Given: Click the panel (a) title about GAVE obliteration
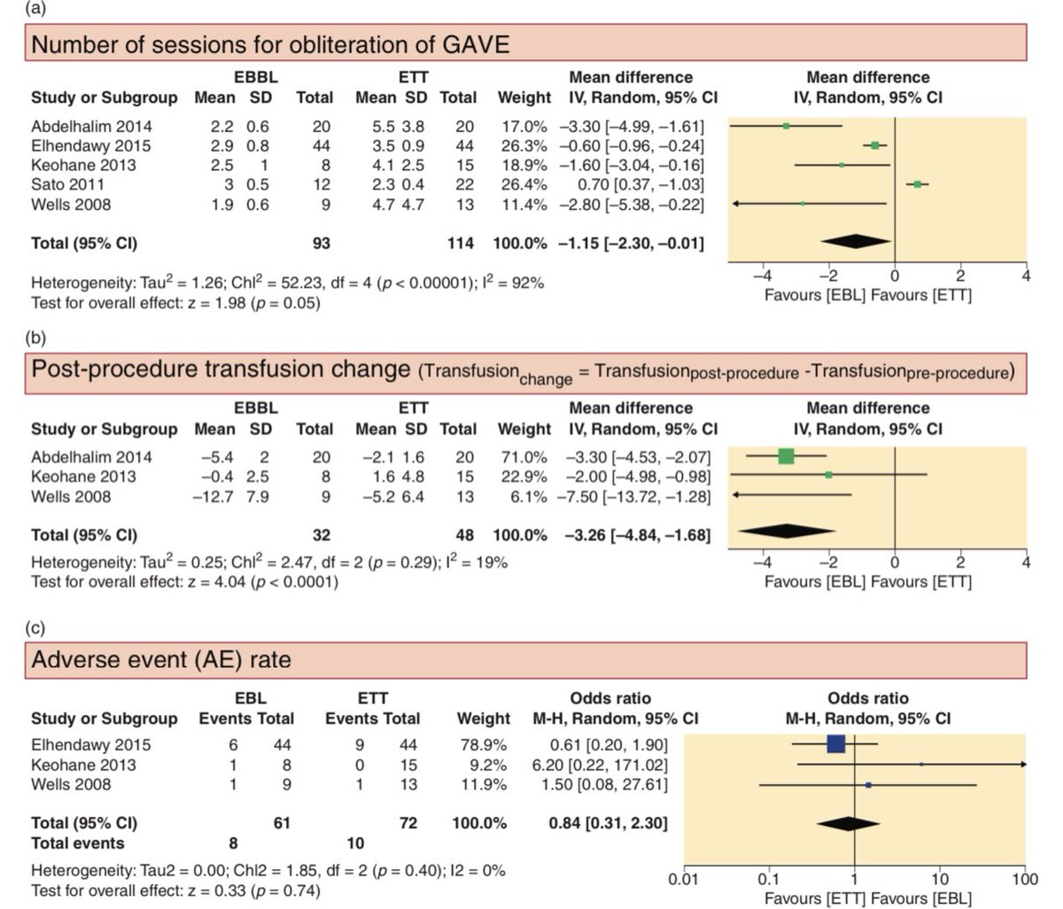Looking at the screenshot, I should [270, 43].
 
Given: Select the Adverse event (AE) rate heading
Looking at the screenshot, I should [161, 660].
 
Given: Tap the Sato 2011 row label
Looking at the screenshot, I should [67, 184].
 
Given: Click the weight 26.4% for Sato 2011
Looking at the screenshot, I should [525, 184].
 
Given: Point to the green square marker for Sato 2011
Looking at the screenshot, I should [918, 184].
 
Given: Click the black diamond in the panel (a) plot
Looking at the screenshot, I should [856, 242].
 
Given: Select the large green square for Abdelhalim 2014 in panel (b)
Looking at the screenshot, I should [786, 456].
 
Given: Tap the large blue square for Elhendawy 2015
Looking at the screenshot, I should [836, 744].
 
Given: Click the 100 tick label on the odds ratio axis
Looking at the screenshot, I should [1025, 880].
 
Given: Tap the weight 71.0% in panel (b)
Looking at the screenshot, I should [525, 457].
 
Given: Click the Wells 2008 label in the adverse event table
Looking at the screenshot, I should [71, 785].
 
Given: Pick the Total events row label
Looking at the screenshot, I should [78, 843].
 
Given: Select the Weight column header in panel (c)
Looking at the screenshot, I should [483, 718].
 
